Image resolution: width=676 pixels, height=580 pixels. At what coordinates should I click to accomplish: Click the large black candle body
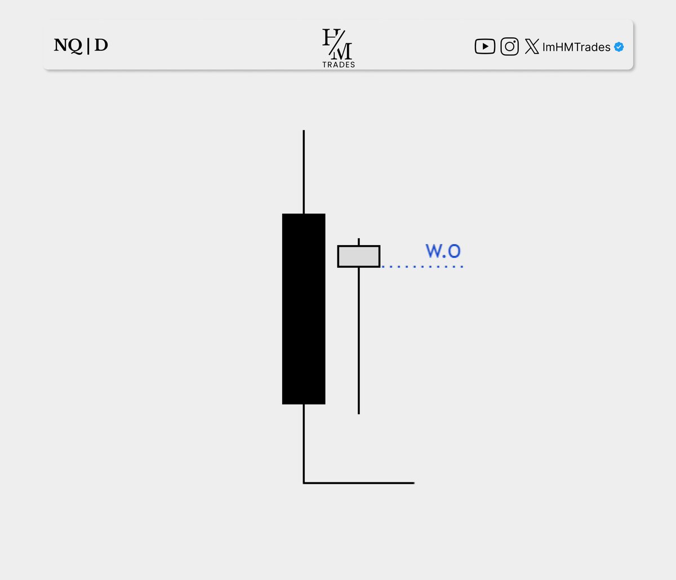click(304, 309)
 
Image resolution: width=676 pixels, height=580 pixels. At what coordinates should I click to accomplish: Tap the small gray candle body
click(358, 256)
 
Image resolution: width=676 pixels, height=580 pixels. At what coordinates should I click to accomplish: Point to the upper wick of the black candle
click(304, 172)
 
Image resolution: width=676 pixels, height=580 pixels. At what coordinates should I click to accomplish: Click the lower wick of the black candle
click(304, 443)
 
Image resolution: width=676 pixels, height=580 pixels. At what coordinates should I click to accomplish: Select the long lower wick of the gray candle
click(359, 341)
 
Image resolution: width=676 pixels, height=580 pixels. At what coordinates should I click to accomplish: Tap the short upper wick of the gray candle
click(359, 242)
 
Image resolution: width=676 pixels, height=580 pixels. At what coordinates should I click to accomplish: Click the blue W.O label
click(443, 251)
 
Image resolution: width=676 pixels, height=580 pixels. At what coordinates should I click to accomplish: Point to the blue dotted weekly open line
click(422, 267)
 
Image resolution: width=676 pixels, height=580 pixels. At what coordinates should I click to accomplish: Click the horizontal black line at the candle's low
click(359, 483)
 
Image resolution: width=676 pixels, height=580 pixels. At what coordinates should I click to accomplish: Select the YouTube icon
click(484, 46)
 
